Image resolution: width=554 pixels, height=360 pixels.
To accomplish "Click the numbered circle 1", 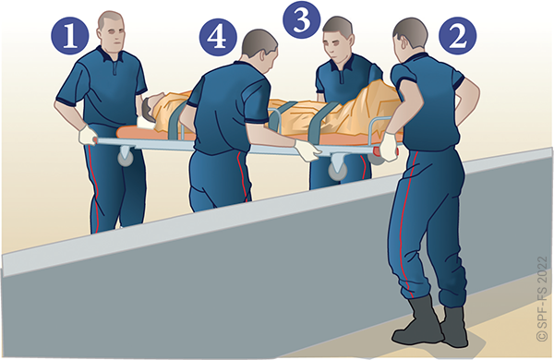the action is [x=70, y=36].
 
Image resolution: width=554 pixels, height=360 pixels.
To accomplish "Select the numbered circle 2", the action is [x=458, y=36].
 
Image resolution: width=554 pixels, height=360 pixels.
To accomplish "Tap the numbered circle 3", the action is [x=302, y=19].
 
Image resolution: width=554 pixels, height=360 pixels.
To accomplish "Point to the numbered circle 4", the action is [x=218, y=37].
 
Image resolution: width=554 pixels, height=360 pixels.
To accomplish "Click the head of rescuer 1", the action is [x=111, y=31].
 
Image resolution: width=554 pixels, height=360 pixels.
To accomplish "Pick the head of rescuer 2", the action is [x=410, y=36].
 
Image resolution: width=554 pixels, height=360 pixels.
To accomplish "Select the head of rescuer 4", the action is [x=259, y=51].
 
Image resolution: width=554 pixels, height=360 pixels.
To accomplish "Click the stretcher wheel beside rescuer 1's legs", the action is [x=126, y=159].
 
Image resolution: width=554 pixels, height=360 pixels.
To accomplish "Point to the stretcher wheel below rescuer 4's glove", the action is [x=338, y=170].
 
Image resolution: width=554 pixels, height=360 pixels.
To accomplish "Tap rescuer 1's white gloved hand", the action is [x=88, y=136].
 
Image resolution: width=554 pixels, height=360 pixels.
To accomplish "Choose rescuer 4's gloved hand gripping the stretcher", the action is [x=307, y=150].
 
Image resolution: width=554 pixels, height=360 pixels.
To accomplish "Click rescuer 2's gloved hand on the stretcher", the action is [x=389, y=146].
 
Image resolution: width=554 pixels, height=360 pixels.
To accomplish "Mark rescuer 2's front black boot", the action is [x=417, y=323].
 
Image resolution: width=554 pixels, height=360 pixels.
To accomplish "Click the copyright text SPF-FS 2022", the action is [x=541, y=298].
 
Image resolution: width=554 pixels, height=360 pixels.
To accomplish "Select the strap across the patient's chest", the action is [x=176, y=120].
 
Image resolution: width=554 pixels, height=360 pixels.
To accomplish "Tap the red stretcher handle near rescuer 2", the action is [x=386, y=151].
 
